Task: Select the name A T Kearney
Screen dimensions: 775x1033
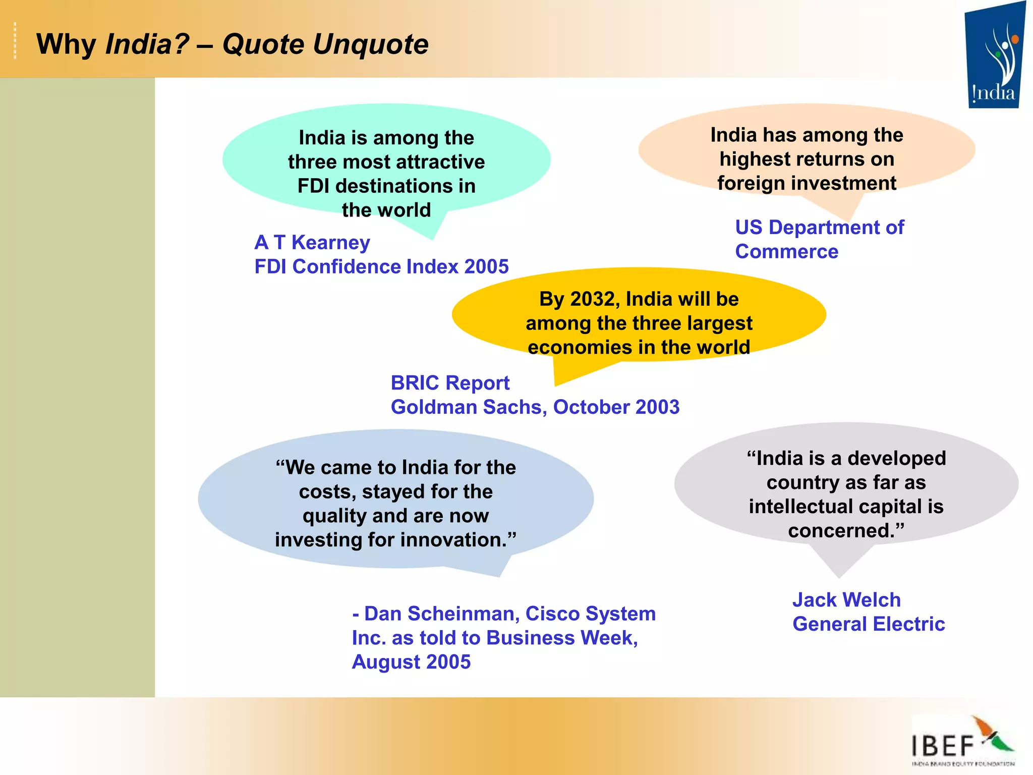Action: point(312,243)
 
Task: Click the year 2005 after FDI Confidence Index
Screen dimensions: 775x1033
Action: point(486,266)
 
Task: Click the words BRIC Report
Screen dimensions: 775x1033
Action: point(450,383)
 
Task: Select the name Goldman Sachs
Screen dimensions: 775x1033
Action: point(469,407)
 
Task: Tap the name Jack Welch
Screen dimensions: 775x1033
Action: point(846,600)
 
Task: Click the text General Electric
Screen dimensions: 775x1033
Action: point(869,624)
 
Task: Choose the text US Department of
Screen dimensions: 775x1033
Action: point(819,228)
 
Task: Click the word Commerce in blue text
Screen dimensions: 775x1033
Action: point(786,252)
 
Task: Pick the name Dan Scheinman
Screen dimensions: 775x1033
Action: point(441,614)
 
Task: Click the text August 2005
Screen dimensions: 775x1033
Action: point(411,662)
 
